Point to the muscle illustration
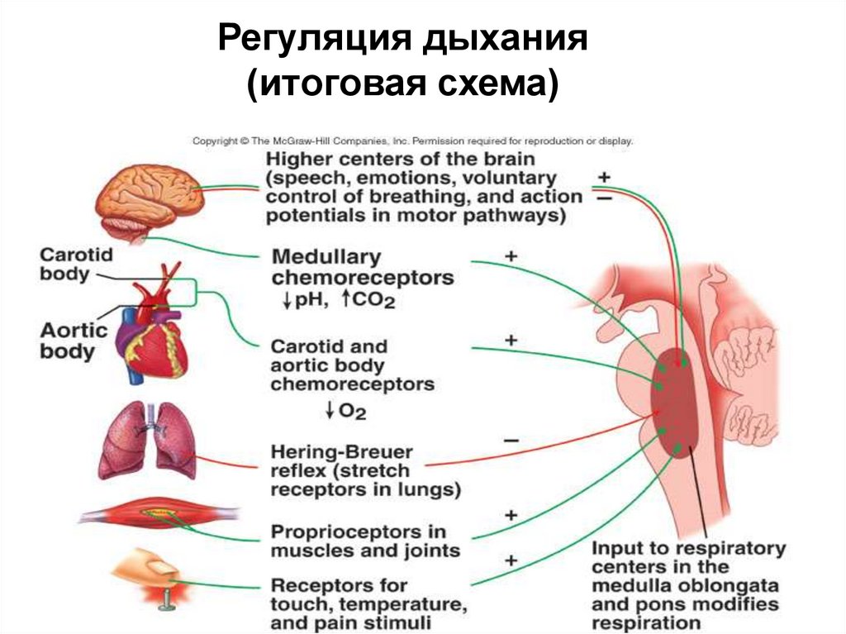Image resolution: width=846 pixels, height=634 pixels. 160,517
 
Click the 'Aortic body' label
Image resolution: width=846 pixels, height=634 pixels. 74,341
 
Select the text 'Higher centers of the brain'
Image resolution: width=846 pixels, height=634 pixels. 401,158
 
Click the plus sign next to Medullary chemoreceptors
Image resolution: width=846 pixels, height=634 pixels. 511,257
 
